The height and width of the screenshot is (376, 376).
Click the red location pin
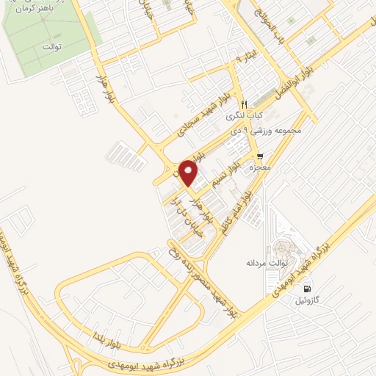(189, 172)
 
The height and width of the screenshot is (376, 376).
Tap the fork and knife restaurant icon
(245, 104)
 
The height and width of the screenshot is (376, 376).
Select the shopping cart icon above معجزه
(261, 156)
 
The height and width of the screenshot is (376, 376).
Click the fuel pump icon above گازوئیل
(307, 289)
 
